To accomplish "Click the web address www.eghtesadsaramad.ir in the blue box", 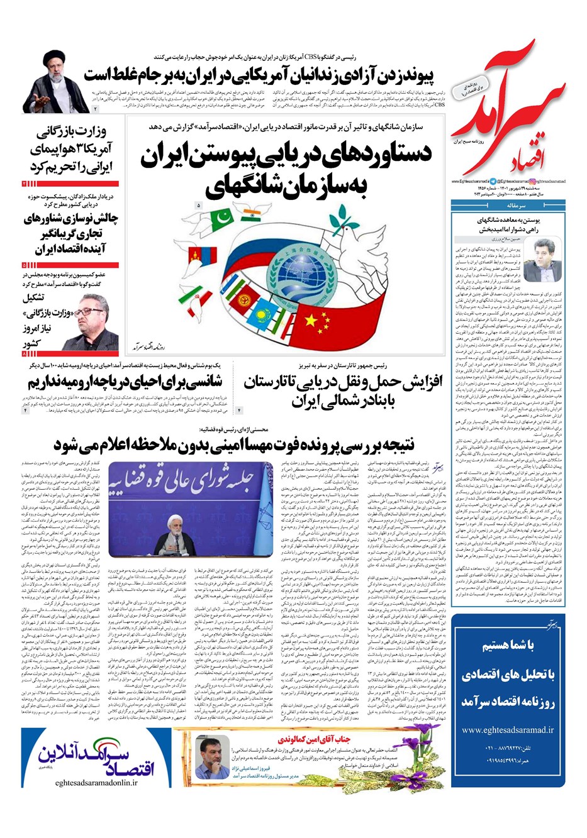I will point(507,730).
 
